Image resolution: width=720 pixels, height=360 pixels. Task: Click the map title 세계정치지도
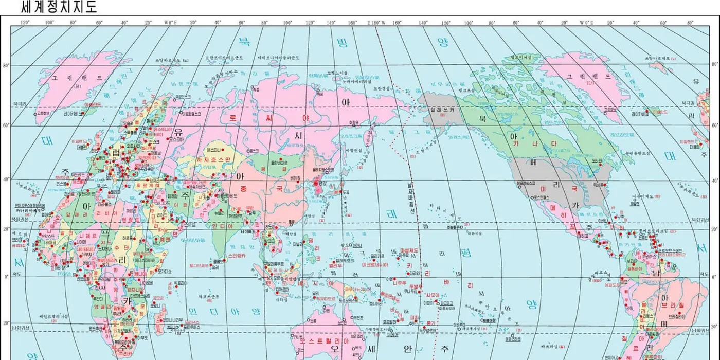(59, 7)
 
